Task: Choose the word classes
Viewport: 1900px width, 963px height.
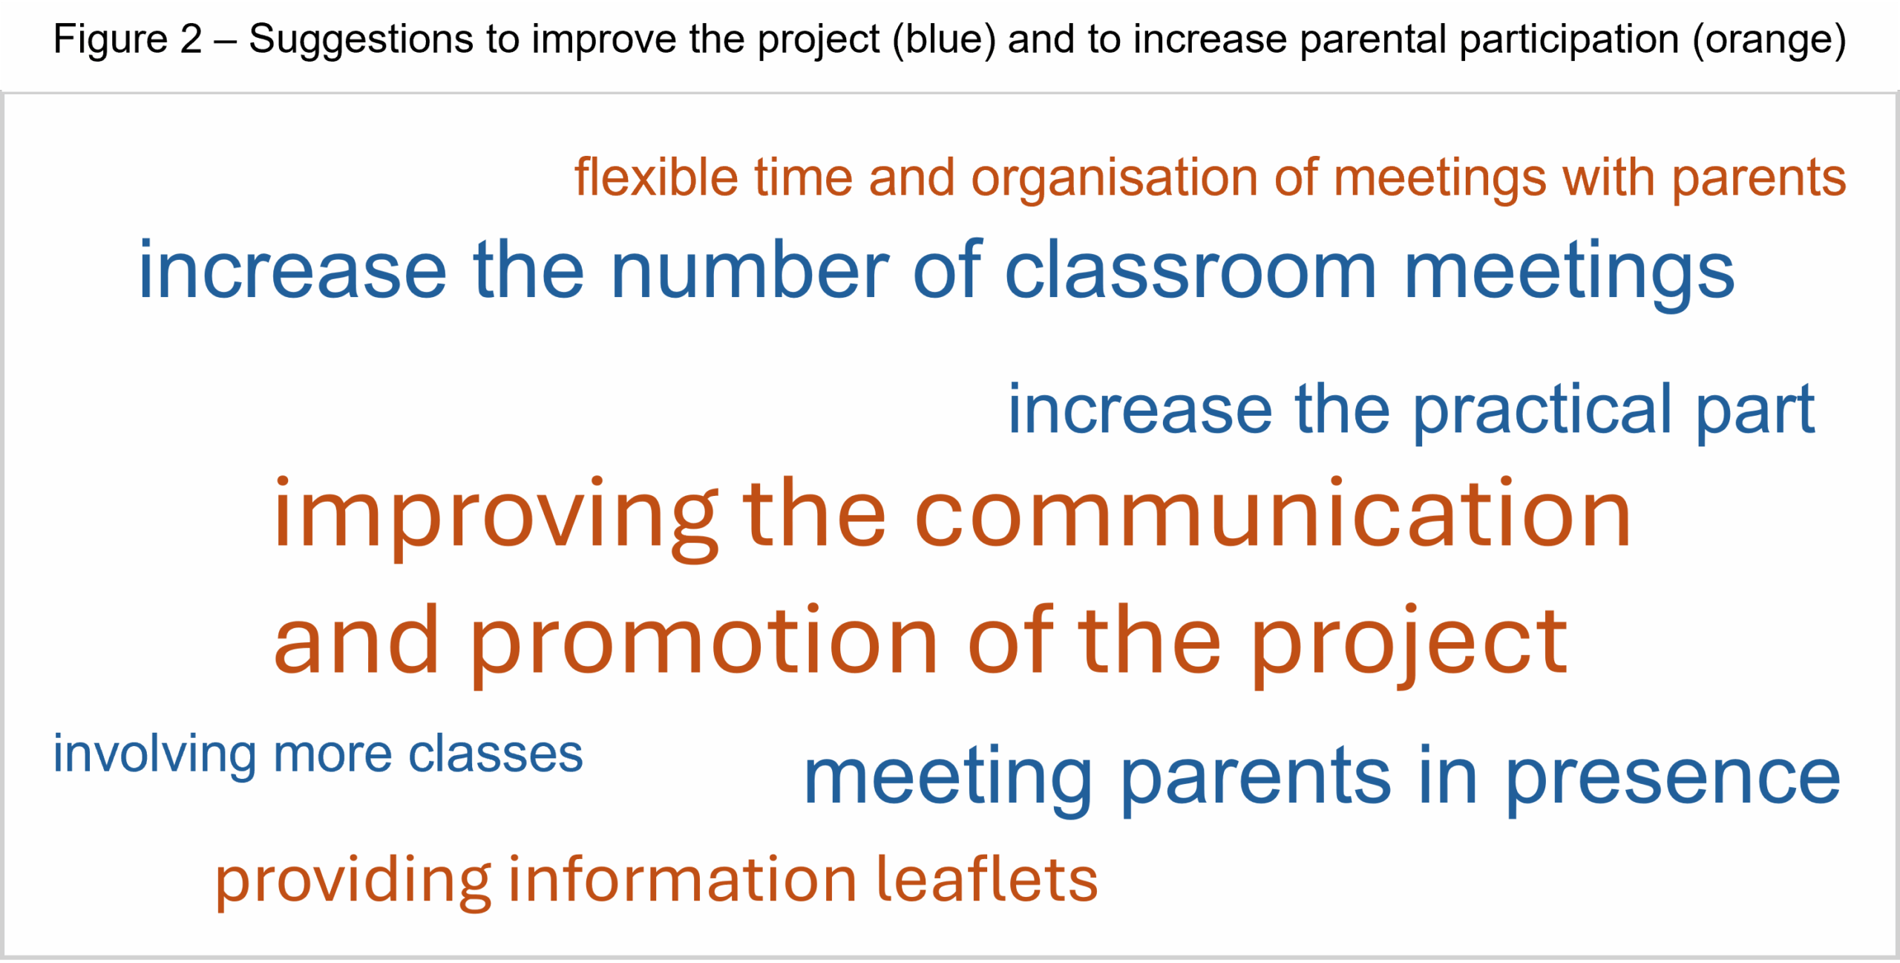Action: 496,754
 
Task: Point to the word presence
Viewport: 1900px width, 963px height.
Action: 1673,780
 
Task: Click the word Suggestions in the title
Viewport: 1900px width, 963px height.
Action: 361,40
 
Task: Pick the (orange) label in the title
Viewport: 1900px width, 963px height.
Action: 1769,40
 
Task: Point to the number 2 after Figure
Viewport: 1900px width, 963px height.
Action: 191,39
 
